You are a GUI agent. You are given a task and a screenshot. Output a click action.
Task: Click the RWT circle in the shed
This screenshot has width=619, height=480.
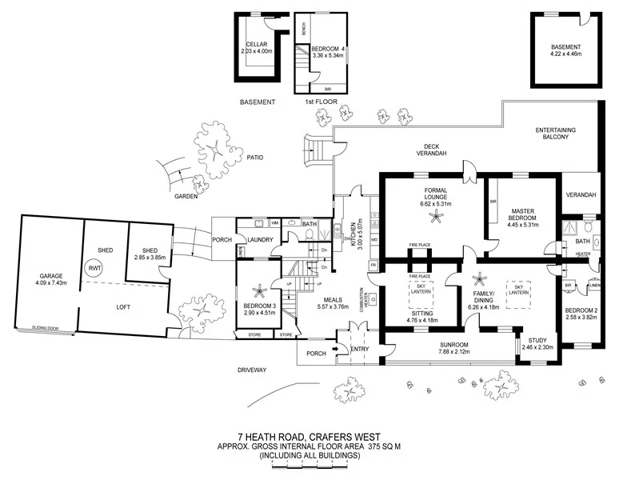[x=95, y=269]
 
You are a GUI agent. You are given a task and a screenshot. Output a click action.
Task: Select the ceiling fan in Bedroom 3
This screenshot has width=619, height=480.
[x=262, y=289]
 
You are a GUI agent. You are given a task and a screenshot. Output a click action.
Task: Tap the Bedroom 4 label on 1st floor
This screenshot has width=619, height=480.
[x=330, y=49]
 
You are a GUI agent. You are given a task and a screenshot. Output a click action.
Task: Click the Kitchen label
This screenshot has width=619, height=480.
[x=348, y=236]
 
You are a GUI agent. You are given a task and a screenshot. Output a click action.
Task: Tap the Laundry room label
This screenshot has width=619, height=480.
[x=262, y=239]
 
